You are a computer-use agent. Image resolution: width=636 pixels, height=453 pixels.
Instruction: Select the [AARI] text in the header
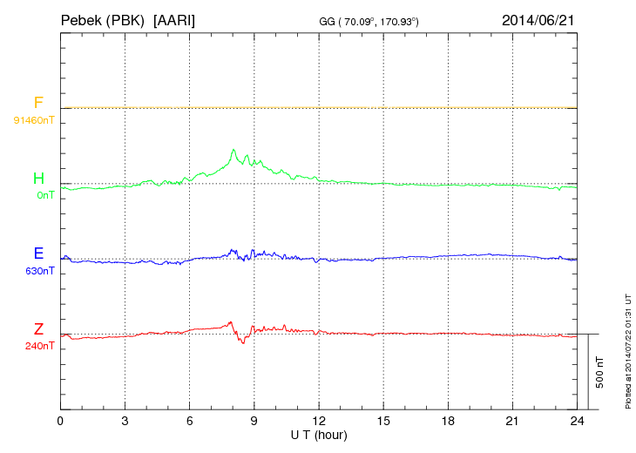click(x=174, y=19)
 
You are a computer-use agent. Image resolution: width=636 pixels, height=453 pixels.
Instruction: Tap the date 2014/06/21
click(x=538, y=19)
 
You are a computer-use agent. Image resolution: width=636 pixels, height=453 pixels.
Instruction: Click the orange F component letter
click(x=38, y=104)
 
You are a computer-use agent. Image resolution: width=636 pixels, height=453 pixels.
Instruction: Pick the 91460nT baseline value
click(x=33, y=119)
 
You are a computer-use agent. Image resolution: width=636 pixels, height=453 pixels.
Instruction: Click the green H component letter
click(x=38, y=179)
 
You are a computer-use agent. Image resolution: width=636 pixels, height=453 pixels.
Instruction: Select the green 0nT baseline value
click(x=44, y=195)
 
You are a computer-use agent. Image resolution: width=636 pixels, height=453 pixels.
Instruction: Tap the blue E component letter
click(x=38, y=254)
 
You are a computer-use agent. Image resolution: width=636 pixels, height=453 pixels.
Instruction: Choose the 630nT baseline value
click(x=40, y=271)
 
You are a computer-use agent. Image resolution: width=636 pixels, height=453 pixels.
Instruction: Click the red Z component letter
click(x=38, y=328)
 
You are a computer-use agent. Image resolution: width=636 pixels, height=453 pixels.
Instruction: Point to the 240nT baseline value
click(x=40, y=346)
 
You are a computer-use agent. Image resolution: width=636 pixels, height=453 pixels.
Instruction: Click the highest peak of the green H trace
click(x=233, y=150)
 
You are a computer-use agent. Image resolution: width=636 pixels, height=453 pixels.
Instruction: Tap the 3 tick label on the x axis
click(x=125, y=420)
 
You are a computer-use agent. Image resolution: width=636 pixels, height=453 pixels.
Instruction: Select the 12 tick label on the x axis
click(x=318, y=420)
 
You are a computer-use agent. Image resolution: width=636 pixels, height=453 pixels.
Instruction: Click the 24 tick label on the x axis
click(x=576, y=420)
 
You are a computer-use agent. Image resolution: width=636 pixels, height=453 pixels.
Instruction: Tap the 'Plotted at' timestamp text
click(x=628, y=348)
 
